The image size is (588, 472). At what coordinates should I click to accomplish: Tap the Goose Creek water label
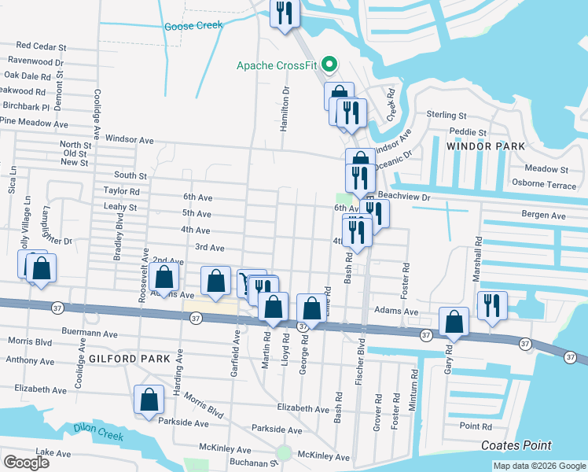point(194,26)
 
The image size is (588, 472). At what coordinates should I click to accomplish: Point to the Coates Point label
point(516,445)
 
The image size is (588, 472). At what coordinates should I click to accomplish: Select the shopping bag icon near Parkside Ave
point(149,400)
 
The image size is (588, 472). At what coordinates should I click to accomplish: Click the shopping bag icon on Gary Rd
point(454,322)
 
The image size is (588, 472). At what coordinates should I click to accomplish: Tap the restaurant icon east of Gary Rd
point(492,305)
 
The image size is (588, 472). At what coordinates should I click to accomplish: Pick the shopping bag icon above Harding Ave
point(164,277)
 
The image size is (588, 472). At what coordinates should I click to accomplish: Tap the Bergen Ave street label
point(547,215)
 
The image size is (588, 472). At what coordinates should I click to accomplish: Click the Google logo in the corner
point(26,462)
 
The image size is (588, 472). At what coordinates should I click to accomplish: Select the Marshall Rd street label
point(476,257)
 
